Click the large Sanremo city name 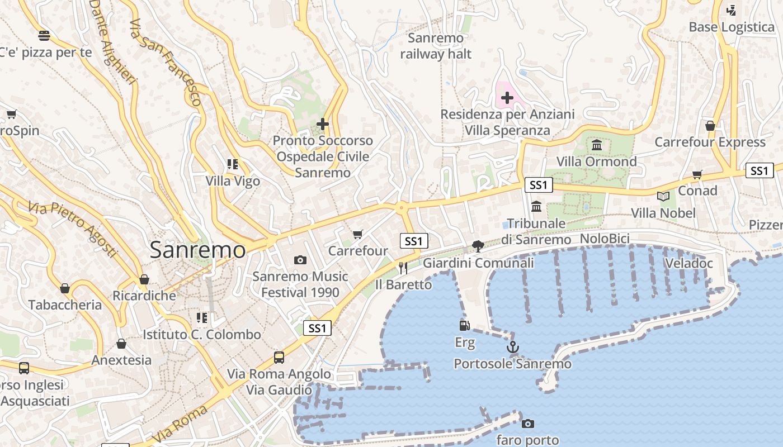pyautogui.click(x=197, y=250)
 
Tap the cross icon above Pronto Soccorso pyautogui.click(x=323, y=123)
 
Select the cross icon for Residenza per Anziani pyautogui.click(x=507, y=98)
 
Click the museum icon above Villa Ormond pyautogui.click(x=597, y=145)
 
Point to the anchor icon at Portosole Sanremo pyautogui.click(x=513, y=348)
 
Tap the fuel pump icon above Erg pyautogui.click(x=464, y=325)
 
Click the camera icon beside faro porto pyautogui.click(x=527, y=424)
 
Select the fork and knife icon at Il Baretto pyautogui.click(x=403, y=268)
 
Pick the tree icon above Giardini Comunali pyautogui.click(x=478, y=246)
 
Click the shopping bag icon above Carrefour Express pyautogui.click(x=710, y=126)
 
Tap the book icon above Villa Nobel pyautogui.click(x=663, y=196)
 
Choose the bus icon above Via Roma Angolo pyautogui.click(x=279, y=358)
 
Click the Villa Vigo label pyautogui.click(x=233, y=181)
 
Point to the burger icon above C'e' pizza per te pyautogui.click(x=44, y=36)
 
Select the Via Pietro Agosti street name pyautogui.click(x=73, y=229)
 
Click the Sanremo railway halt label pyautogui.click(x=436, y=46)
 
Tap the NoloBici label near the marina pyautogui.click(x=605, y=239)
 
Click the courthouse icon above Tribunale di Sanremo pyautogui.click(x=537, y=206)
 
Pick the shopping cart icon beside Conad pyautogui.click(x=697, y=175)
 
